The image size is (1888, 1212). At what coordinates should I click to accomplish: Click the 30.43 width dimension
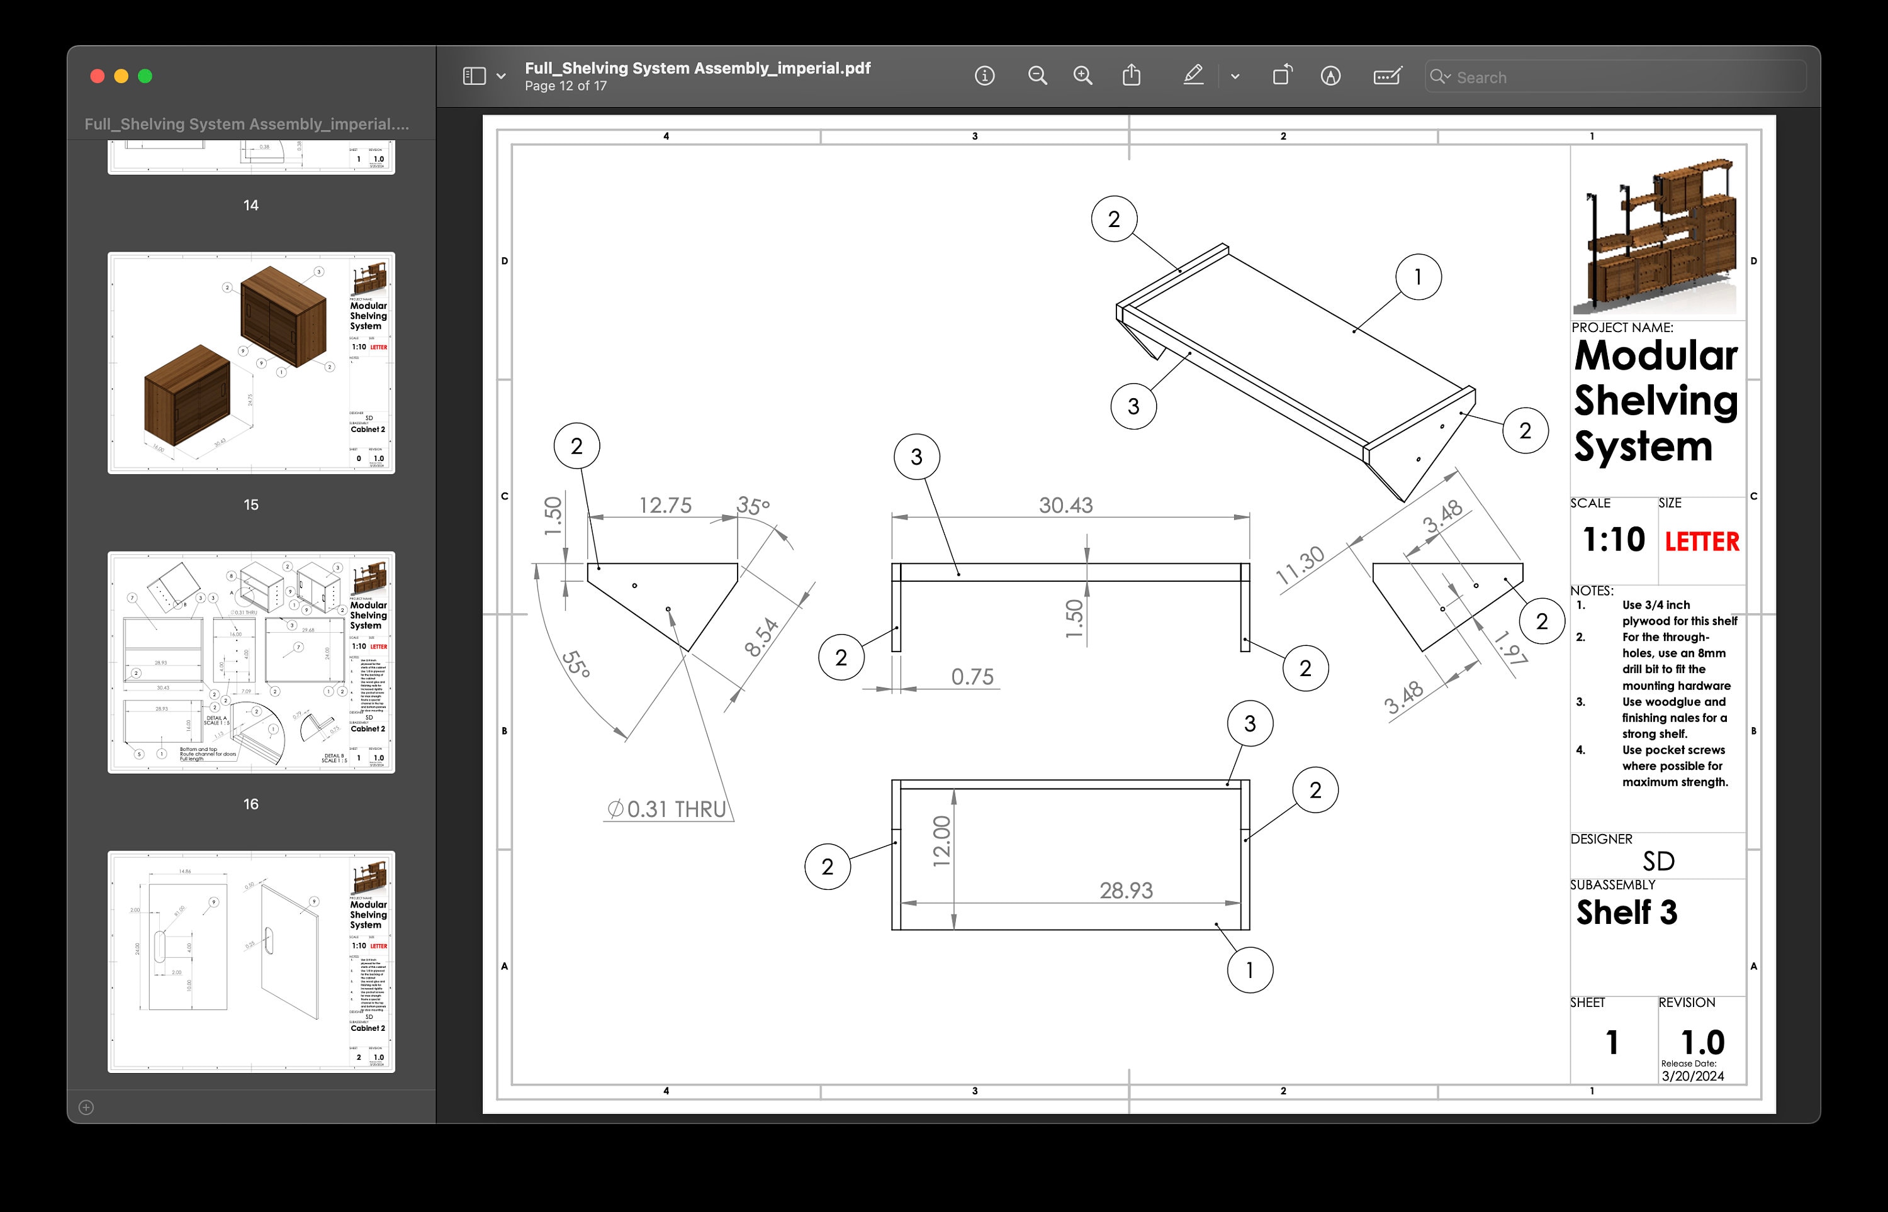tap(1065, 505)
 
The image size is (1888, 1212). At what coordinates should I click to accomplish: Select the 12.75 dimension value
tap(665, 505)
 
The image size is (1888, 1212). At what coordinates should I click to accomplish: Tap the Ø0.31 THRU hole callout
tap(668, 809)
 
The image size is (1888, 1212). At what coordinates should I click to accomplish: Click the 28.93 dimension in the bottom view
tap(1126, 891)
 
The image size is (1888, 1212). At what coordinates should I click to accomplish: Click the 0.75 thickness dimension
tap(972, 677)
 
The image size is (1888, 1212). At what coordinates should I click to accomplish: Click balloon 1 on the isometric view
tap(1418, 277)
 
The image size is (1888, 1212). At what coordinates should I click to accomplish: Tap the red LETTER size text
tap(1702, 542)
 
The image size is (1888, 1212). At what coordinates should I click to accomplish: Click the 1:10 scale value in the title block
tap(1613, 540)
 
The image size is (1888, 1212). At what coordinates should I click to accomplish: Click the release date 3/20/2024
tap(1693, 1076)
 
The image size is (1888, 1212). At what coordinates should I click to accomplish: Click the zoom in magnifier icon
tap(1083, 76)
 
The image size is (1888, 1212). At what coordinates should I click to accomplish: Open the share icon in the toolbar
tap(1132, 75)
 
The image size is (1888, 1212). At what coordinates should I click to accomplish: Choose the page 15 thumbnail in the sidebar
tap(251, 363)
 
